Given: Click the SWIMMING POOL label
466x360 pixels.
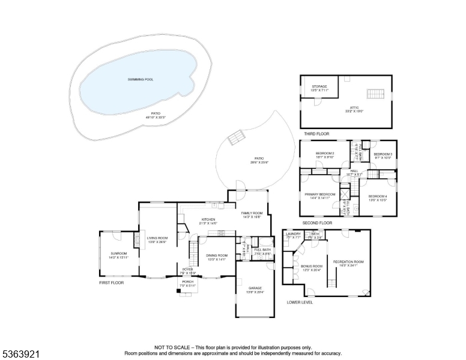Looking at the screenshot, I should click(x=140, y=79).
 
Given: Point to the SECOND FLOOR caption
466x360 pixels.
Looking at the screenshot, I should click(x=317, y=223).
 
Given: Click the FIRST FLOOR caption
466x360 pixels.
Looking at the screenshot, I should click(x=111, y=282).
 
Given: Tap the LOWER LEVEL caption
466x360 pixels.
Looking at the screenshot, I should click(x=300, y=302).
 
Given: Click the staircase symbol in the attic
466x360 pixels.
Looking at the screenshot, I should click(x=375, y=94).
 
